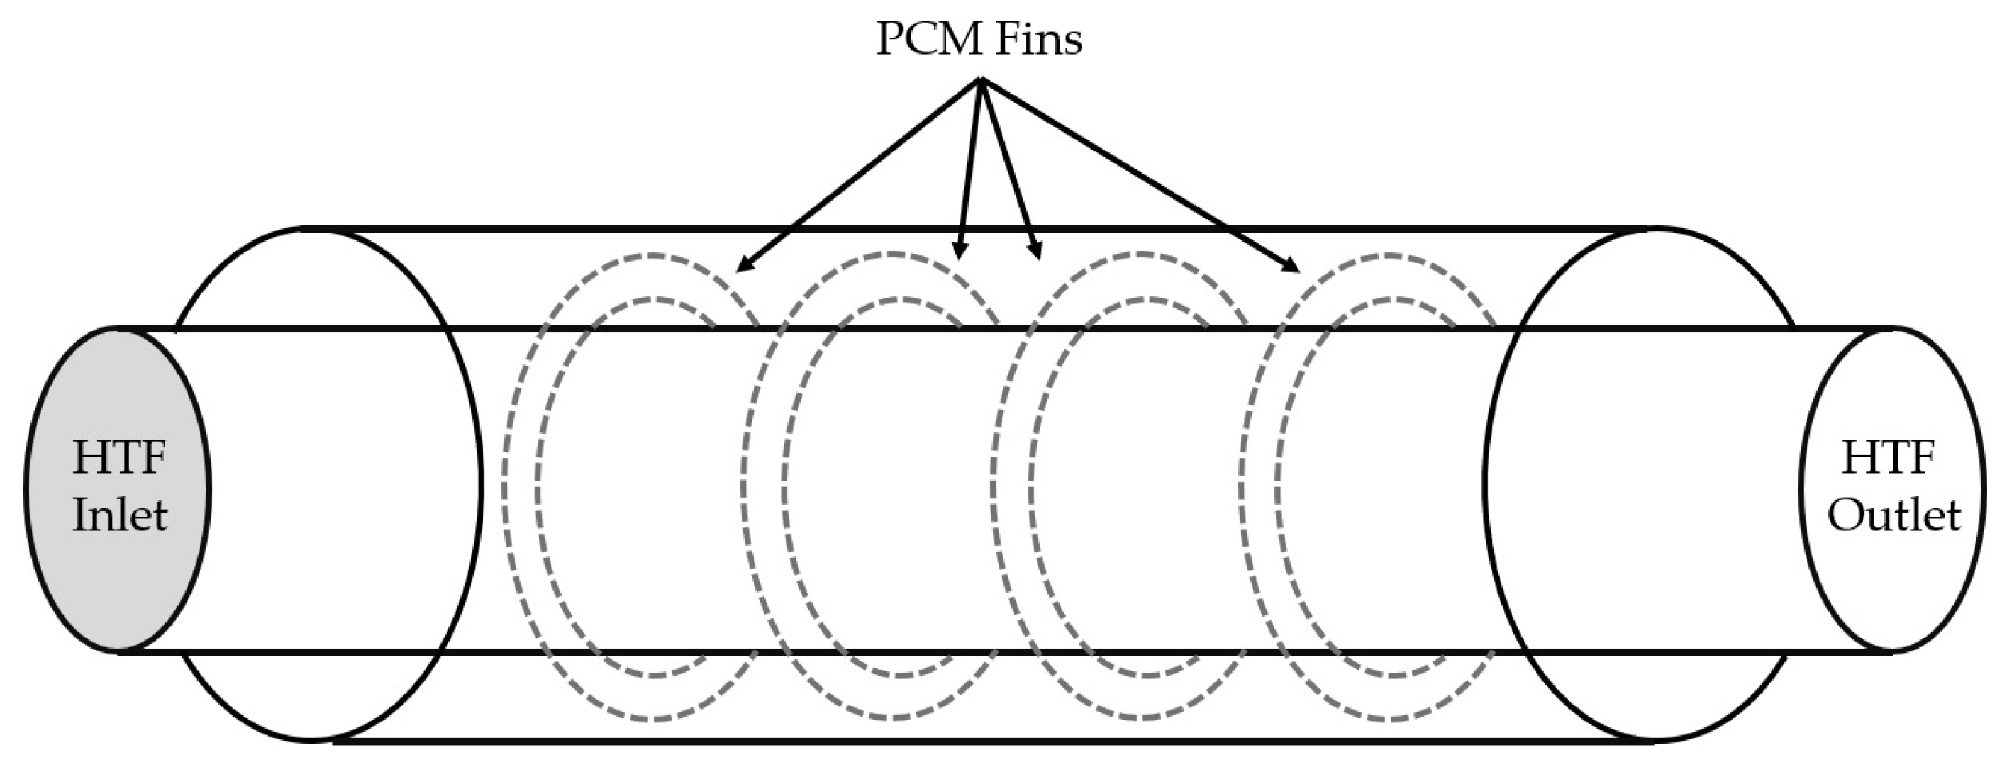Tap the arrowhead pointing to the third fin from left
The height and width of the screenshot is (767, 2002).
point(1035,250)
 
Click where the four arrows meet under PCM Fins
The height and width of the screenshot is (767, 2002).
point(981,81)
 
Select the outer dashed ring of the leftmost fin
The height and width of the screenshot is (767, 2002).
point(505,490)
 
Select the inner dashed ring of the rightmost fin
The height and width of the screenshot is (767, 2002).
point(1278,490)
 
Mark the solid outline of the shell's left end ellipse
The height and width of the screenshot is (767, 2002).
point(479,490)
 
